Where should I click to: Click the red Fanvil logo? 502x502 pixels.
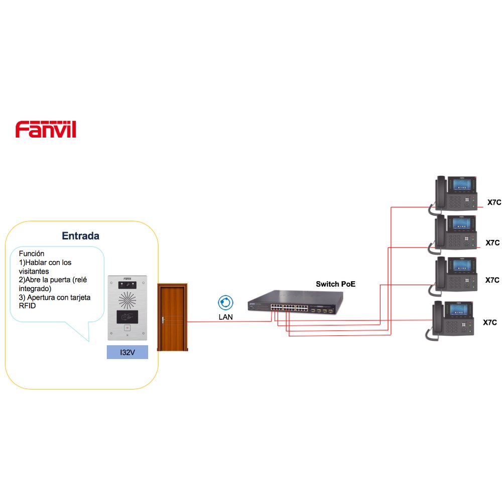46,130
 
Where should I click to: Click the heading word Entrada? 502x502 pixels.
80,236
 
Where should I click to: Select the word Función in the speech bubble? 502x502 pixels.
31,254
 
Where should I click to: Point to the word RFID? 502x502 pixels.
27,306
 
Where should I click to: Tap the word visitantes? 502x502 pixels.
34,271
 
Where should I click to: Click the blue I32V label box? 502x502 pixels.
128,352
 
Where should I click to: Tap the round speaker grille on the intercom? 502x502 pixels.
128,300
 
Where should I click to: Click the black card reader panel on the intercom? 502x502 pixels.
128,317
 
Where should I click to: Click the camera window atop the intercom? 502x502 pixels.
128,285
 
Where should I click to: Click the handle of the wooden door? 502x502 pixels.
163,320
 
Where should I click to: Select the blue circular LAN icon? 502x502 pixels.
226,303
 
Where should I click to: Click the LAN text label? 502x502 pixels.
226,317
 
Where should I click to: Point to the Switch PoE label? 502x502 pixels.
335,284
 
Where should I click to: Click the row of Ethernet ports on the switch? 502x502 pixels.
289,308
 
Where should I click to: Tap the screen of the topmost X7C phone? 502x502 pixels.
462,185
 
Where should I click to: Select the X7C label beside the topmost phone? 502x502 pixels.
494,202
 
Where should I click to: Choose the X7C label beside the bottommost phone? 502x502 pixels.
490,322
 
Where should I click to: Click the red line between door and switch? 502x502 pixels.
229,321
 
